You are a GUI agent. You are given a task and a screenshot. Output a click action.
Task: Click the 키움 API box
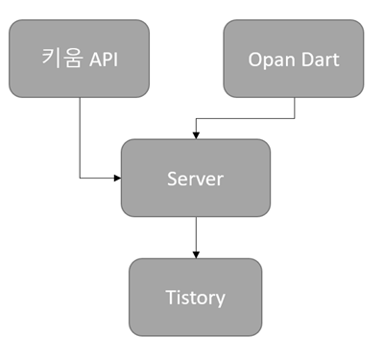(x=79, y=59)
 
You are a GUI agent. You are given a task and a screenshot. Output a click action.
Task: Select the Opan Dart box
(x=294, y=59)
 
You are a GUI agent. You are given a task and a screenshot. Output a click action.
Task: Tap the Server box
(x=196, y=178)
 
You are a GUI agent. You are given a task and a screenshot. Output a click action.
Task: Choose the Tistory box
(x=196, y=297)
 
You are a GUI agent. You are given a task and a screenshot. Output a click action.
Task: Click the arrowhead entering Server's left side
(x=117, y=178)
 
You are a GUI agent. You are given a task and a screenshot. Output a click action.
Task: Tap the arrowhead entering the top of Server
(x=196, y=135)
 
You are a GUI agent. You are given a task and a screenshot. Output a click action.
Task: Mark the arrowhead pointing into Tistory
(x=196, y=254)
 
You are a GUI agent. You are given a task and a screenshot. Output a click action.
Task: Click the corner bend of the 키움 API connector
(x=80, y=178)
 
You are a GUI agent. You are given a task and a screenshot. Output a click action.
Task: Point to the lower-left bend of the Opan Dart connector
(x=196, y=119)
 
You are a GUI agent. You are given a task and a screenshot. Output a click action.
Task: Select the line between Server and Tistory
(x=196, y=235)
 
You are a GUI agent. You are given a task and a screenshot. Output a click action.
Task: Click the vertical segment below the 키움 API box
(x=80, y=134)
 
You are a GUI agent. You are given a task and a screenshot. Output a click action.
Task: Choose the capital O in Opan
(x=254, y=60)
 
